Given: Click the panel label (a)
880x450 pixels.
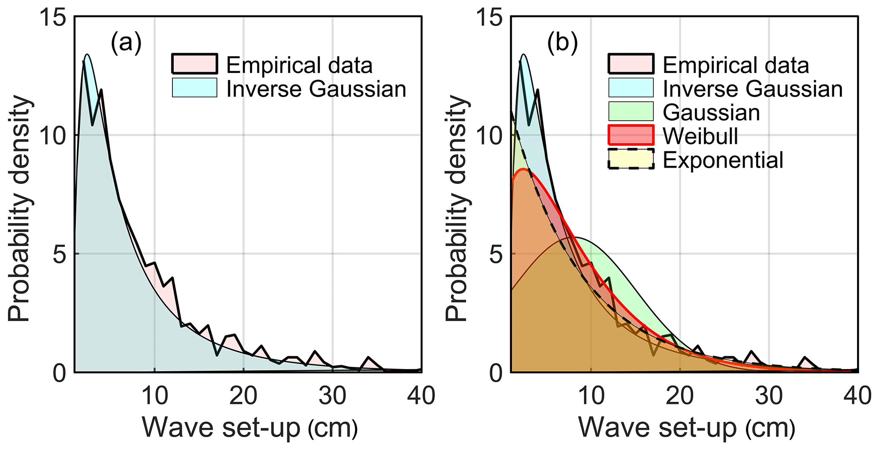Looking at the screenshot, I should (126, 44).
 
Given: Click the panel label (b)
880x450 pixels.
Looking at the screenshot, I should (562, 44).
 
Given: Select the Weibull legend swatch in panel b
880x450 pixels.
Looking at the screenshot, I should (631, 136).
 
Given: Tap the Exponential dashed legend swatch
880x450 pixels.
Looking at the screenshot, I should (631, 159).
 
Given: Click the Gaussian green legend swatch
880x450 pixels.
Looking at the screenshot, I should (631, 112).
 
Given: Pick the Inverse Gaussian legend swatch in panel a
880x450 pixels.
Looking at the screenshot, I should (195, 88).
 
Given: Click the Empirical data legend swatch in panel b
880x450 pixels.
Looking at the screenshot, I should (631, 64).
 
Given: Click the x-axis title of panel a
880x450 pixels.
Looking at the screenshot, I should (249, 427).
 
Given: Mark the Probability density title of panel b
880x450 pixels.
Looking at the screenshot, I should (457, 209).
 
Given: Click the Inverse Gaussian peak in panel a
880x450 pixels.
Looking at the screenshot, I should (87, 55).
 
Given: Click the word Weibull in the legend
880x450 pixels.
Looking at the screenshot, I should (700, 136).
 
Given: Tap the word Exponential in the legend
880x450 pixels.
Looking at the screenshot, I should (723, 160).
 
